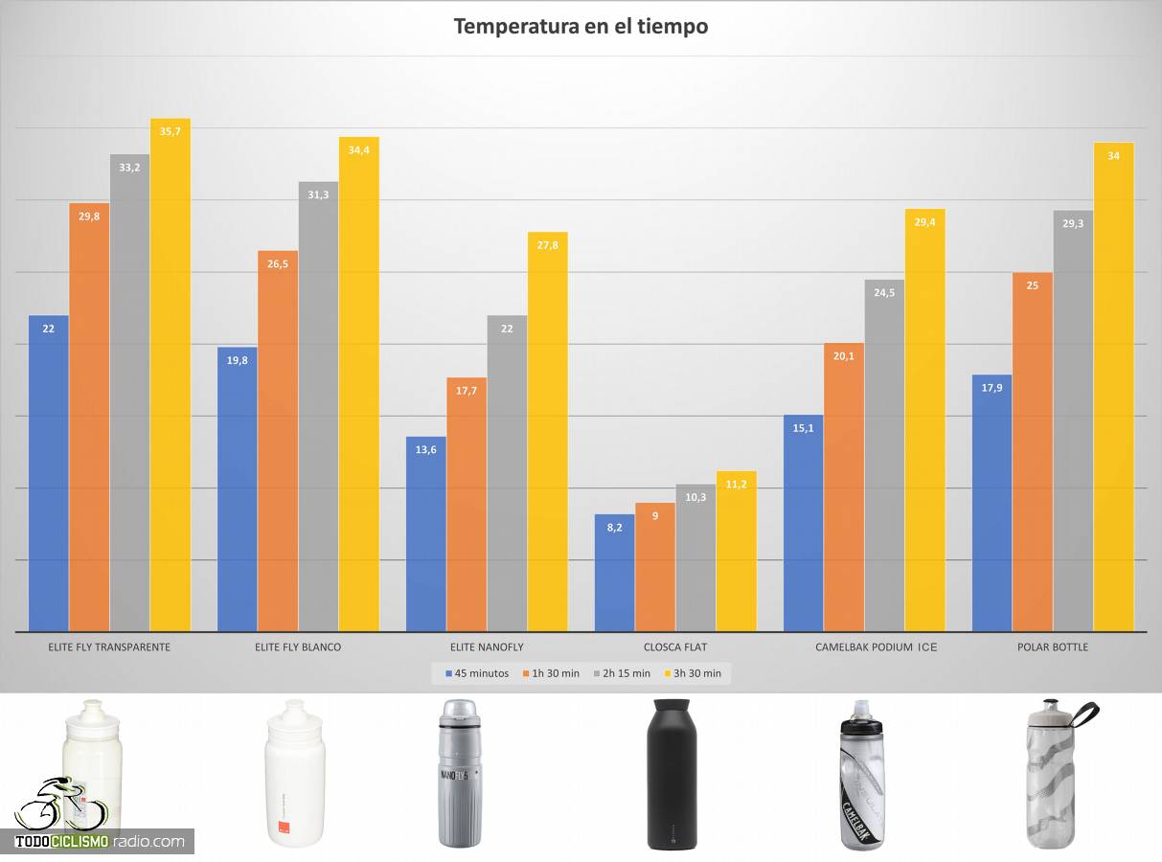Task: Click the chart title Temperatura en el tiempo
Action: coord(581,26)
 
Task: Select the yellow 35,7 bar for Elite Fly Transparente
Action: coord(171,374)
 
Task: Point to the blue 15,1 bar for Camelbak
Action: coord(803,523)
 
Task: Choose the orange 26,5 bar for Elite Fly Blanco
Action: coord(278,441)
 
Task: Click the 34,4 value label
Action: coord(359,149)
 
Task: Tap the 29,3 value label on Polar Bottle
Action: coord(1072,223)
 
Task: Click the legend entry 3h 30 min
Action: coord(696,673)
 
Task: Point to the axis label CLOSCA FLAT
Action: coord(675,647)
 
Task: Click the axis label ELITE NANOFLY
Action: coord(487,647)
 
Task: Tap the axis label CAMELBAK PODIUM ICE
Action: coord(877,647)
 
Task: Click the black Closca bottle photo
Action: coord(674,776)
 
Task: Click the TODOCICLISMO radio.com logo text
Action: coord(100,842)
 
